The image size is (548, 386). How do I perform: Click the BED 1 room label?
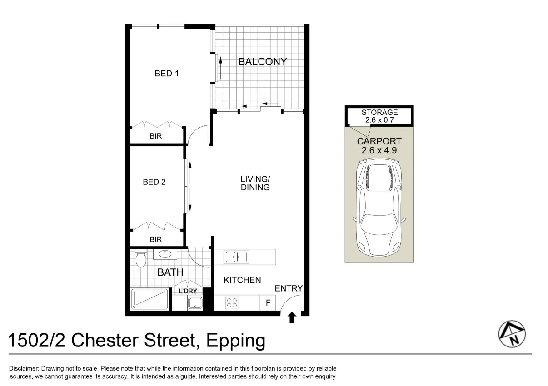pyautogui.click(x=166, y=73)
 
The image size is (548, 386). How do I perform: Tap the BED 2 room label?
pyautogui.click(x=154, y=182)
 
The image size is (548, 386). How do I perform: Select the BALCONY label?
pyautogui.click(x=263, y=62)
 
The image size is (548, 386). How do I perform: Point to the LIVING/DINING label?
pyautogui.click(x=255, y=183)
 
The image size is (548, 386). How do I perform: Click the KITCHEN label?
pyautogui.click(x=242, y=280)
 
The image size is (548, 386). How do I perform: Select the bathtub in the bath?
pyautogui.click(x=150, y=299)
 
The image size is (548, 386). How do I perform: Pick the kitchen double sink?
pyautogui.click(x=236, y=257)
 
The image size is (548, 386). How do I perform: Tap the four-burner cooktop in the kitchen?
pyautogui.click(x=232, y=302)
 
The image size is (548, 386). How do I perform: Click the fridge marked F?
pyautogui.click(x=268, y=302)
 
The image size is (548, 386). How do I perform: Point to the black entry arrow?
pyautogui.click(x=292, y=317)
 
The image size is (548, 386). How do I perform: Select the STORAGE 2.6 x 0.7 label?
pyautogui.click(x=379, y=116)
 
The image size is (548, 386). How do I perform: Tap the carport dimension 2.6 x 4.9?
pyautogui.click(x=379, y=150)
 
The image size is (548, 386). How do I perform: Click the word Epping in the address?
pyautogui.click(x=235, y=340)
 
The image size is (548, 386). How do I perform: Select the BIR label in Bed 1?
pyautogui.click(x=155, y=136)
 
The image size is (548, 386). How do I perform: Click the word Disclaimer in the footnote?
pyautogui.click(x=24, y=369)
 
